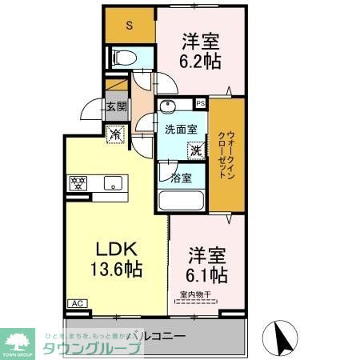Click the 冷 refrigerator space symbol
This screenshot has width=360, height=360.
(117, 136)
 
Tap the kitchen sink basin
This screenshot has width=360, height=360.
(112, 182)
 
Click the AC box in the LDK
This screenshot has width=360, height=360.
(78, 303)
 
